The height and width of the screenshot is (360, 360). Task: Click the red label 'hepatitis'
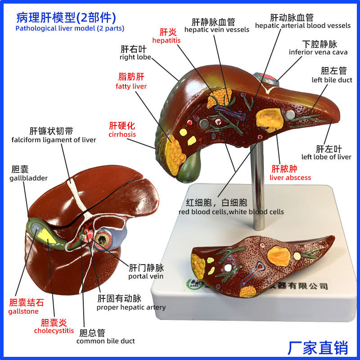pyautogui.click(x=166, y=40)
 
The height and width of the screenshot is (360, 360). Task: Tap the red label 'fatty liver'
pyautogui.click(x=131, y=86)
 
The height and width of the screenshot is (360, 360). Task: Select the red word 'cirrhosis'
pyautogui.click(x=122, y=134)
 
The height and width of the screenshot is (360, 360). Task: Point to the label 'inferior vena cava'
pyautogui.click(x=318, y=52)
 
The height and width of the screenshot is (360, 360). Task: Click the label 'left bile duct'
pyautogui.click(x=332, y=80)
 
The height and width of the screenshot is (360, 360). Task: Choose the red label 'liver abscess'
pyautogui.click(x=290, y=177)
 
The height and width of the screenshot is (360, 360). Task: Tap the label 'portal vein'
pyautogui.click(x=146, y=276)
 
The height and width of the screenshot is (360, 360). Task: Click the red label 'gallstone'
pyautogui.click(x=23, y=311)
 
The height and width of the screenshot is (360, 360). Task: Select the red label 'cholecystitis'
pyautogui.click(x=54, y=331)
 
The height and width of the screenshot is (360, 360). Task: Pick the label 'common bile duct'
pyautogui.click(x=105, y=341)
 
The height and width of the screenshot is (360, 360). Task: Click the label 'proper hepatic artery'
pyautogui.click(x=131, y=307)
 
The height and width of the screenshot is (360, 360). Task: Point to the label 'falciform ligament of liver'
pyautogui.click(x=54, y=140)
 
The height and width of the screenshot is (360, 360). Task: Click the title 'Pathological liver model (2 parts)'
pyautogui.click(x=70, y=28)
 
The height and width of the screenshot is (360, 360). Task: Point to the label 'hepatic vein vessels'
pyautogui.click(x=216, y=30)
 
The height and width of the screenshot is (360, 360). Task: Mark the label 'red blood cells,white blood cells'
pyautogui.click(x=231, y=211)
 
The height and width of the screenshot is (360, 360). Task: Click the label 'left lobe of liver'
pyautogui.click(x=326, y=157)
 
